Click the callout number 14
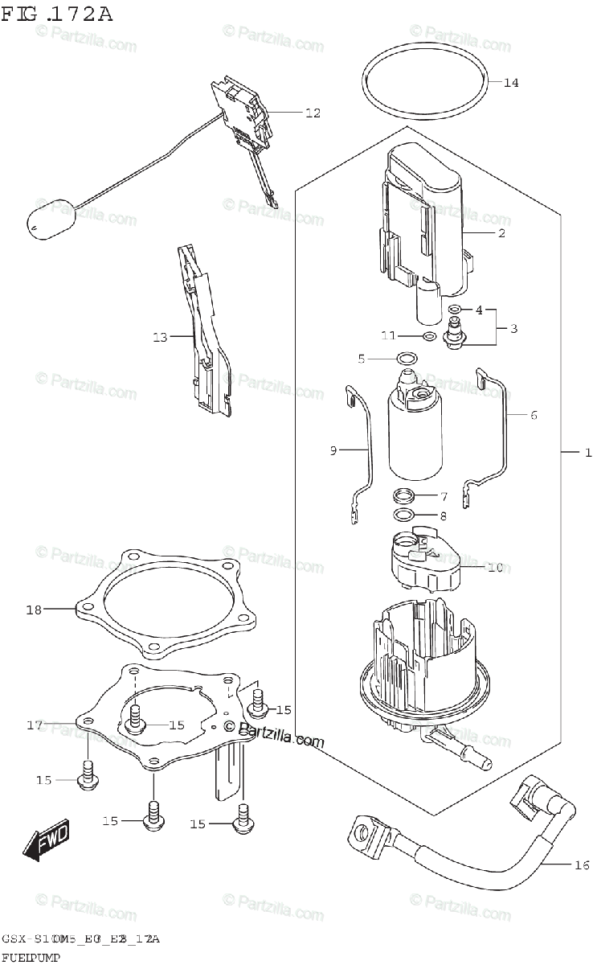[x=512, y=82]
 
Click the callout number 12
[x=312, y=113]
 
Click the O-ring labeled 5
[x=407, y=358]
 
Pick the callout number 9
[x=333, y=450]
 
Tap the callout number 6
[x=534, y=415]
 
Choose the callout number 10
[x=495, y=567]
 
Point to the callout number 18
[x=33, y=610]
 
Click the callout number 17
[x=33, y=725]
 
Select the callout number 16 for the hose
[x=583, y=865]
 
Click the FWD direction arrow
[x=47, y=840]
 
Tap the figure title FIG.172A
[x=56, y=14]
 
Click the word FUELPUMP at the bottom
[x=31, y=956]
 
